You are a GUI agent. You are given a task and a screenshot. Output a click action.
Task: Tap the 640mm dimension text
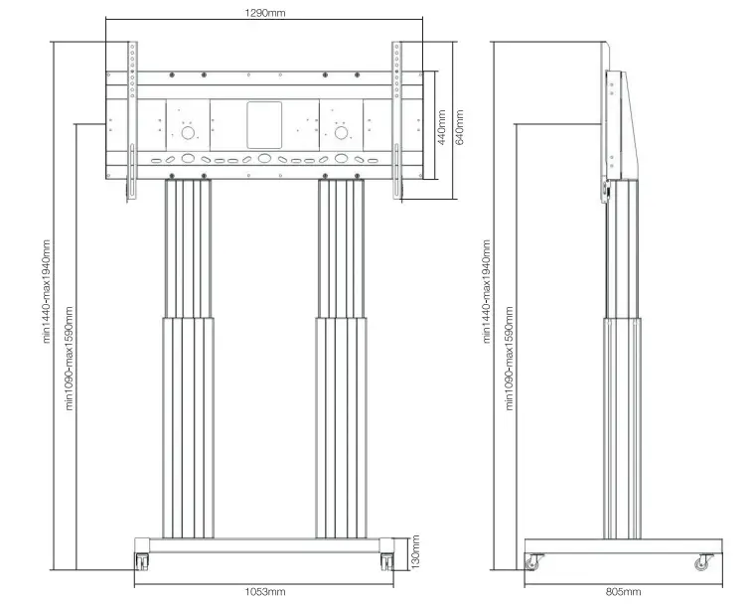point(458,127)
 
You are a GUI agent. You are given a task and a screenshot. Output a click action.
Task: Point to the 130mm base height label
point(416,552)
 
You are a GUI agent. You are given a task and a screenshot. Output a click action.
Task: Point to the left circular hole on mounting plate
point(186,132)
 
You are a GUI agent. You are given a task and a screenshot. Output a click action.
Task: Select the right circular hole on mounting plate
point(342,132)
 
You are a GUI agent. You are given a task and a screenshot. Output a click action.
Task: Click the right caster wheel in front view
point(385,561)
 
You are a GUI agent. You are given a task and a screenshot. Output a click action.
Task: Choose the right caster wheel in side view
point(703,562)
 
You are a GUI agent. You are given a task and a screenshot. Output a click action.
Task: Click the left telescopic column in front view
point(186,358)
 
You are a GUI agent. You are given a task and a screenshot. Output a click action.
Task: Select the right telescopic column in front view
point(342,358)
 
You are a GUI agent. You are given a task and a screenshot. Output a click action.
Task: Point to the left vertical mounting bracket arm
point(129,119)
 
